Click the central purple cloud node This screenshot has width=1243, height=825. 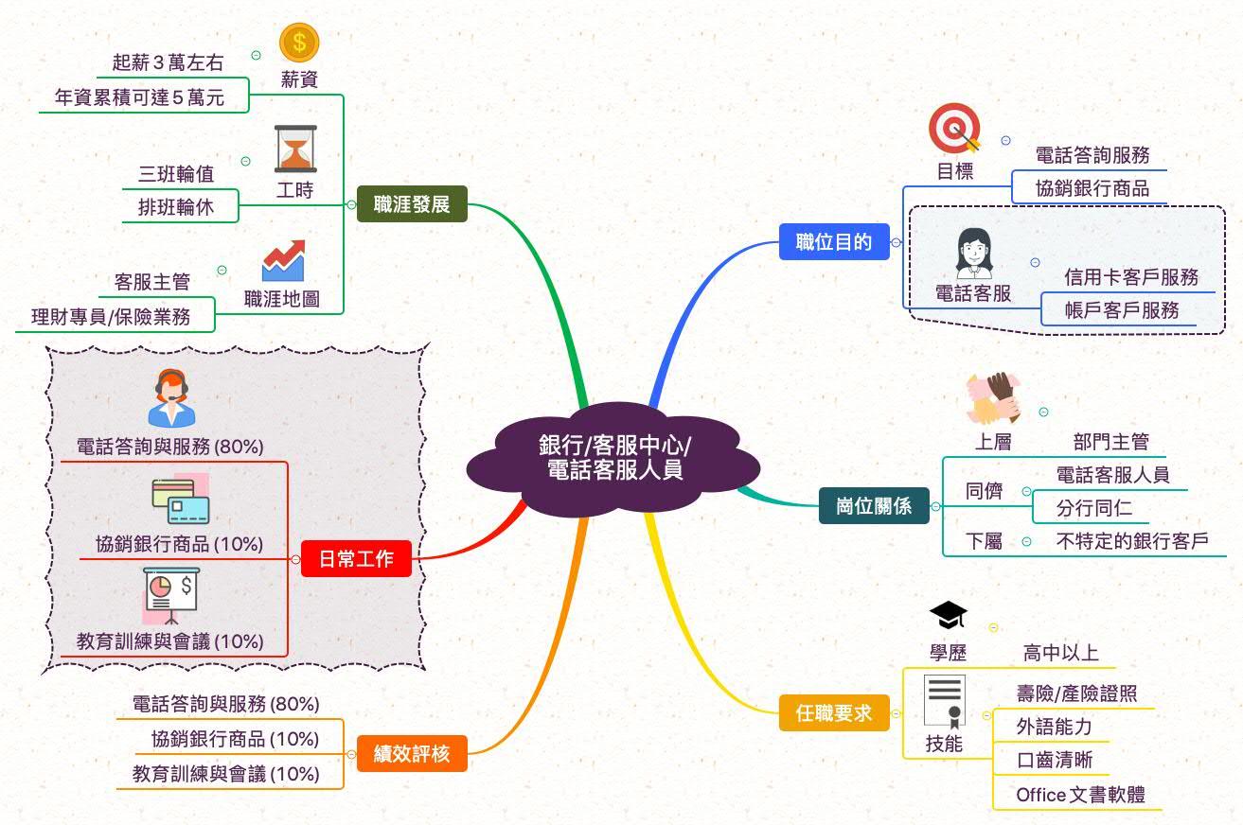coord(614,458)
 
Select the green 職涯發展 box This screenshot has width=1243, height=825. coord(412,203)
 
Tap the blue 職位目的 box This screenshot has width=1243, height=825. coord(833,242)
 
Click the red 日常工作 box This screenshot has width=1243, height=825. coord(356,559)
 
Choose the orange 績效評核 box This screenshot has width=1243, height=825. coord(411,754)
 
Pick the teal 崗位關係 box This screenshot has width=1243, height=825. coord(874,506)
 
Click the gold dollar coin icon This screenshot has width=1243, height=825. coord(299,43)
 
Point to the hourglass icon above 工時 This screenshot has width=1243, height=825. coord(295,149)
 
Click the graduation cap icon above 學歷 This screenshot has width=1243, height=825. coord(948,616)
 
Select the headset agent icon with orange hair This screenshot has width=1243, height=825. coord(171,398)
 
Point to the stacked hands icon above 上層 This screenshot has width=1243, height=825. coord(993,398)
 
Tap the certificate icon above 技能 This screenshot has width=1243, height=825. coord(945,701)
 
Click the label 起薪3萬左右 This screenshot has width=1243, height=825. coord(168,63)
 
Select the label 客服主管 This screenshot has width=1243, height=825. coord(151,281)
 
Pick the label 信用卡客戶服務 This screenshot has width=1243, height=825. coord(1131,276)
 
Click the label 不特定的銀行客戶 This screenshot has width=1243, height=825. coord(1132,541)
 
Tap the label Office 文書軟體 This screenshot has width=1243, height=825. coord(1080,795)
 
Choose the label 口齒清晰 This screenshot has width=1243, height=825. coord(1054,760)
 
